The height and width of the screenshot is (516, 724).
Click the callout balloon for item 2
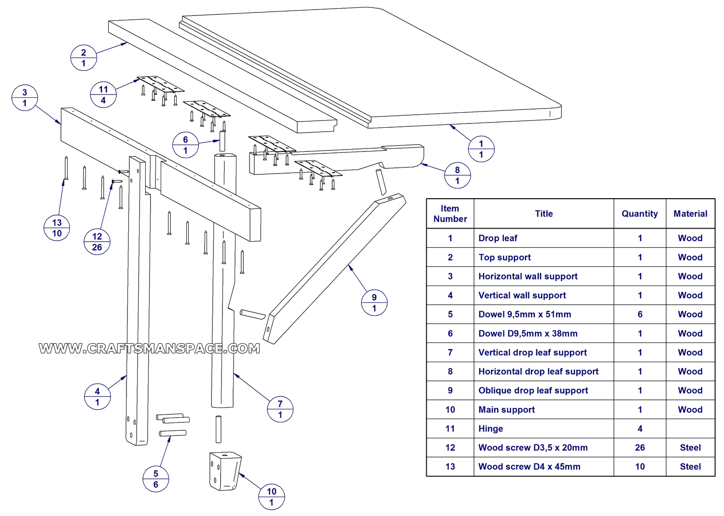[84, 58]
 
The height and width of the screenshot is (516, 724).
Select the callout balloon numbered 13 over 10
[57, 228]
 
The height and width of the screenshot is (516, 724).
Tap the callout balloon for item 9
[374, 303]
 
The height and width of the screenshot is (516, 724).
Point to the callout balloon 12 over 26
[97, 242]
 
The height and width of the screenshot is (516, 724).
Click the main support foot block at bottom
[225, 471]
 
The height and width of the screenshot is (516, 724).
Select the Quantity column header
[640, 214]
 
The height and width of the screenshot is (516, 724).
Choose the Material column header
[690, 214]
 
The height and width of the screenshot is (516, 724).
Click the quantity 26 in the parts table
[640, 448]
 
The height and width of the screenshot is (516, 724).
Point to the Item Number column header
[450, 214]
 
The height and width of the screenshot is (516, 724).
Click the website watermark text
[149, 349]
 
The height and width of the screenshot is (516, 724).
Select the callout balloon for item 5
[155, 479]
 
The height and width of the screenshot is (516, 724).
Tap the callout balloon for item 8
[457, 176]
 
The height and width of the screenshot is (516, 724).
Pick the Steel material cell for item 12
[690, 448]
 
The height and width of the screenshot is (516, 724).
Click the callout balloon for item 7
[280, 409]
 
